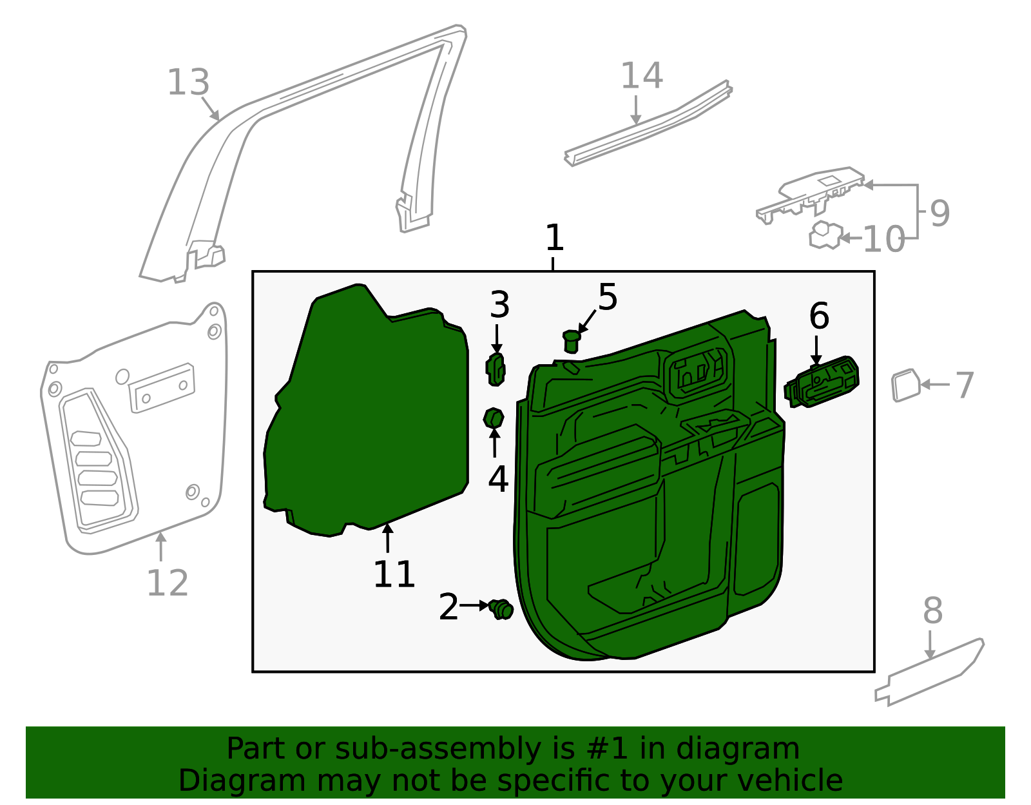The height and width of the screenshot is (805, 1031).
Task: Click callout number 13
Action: [x=188, y=82]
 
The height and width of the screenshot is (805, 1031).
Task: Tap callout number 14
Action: [x=641, y=76]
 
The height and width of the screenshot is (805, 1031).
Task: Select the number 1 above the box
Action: [x=554, y=238]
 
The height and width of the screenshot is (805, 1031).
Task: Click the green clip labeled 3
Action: [x=495, y=370]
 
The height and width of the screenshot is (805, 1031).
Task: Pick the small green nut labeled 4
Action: [x=494, y=418]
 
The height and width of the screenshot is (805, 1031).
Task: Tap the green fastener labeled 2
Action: [x=501, y=608]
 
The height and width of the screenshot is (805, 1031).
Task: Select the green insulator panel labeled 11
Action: [x=367, y=412]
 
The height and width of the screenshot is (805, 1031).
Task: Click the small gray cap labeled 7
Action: [x=905, y=385]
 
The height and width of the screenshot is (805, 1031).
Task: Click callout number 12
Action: [x=168, y=583]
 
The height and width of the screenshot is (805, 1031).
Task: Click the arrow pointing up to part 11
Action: [x=387, y=539]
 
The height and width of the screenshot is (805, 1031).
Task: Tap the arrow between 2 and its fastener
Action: [x=475, y=605]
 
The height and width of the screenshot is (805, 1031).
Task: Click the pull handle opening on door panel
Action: [x=699, y=374]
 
